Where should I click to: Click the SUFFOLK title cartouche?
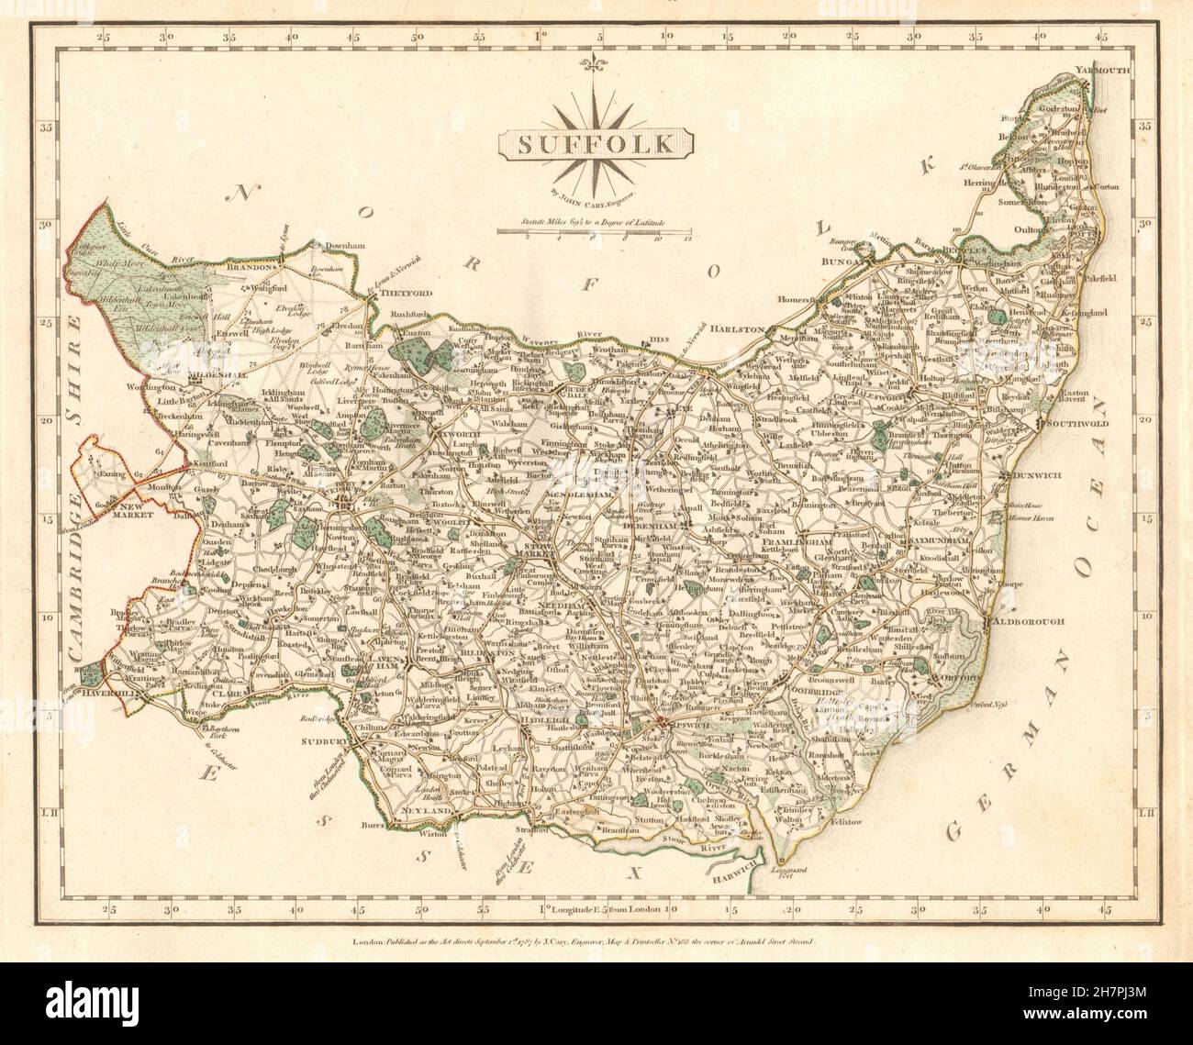coord(596,143)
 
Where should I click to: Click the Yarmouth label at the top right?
coord(1107,70)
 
